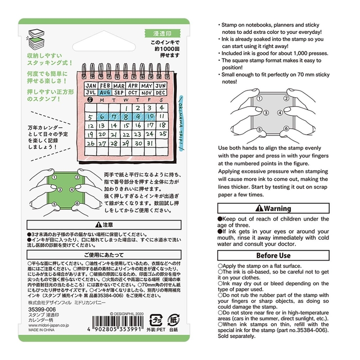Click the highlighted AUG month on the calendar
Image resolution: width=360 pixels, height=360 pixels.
tap(105, 93)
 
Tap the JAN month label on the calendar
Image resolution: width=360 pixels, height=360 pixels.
tap(90, 85)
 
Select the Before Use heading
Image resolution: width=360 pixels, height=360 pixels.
tap(273, 256)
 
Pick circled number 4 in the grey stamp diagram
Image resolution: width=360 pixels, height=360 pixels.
tap(280, 113)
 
